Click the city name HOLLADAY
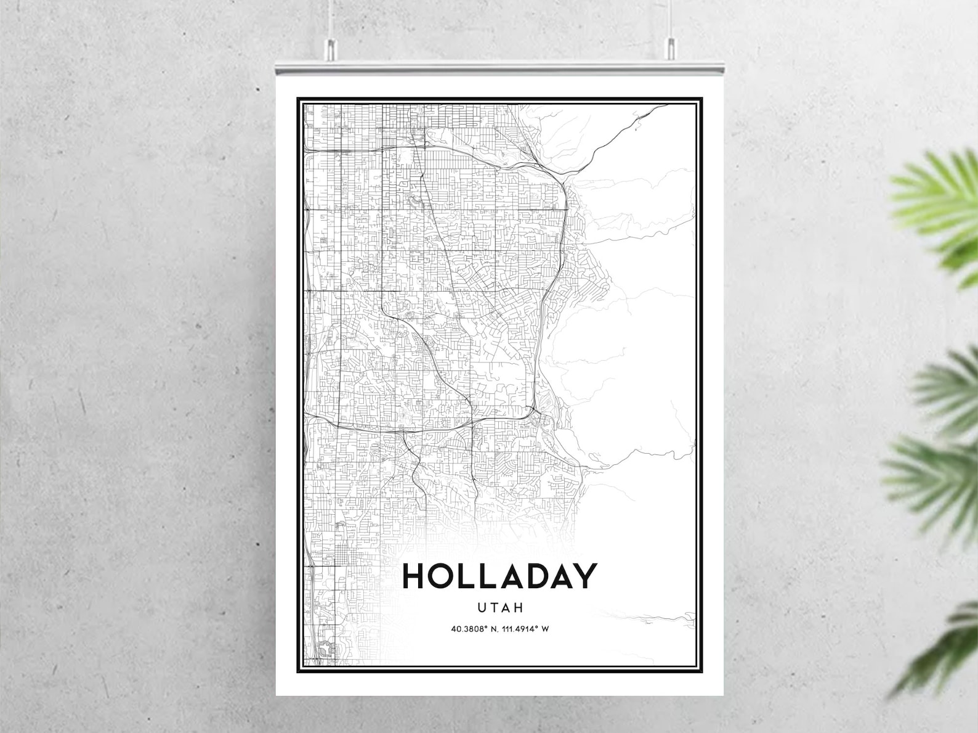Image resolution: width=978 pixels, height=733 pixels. pyautogui.click(x=499, y=576)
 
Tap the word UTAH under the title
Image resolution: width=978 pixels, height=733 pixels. pyautogui.click(x=500, y=608)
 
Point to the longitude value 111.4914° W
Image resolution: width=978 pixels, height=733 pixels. pyautogui.click(x=527, y=629)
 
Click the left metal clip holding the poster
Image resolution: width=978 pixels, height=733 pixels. pyautogui.click(x=331, y=50)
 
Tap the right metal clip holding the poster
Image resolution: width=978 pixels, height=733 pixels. pyautogui.click(x=671, y=50)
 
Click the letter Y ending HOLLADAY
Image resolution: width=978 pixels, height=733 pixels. pyautogui.click(x=585, y=576)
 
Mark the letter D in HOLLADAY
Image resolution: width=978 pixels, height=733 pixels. pyautogui.click(x=533, y=576)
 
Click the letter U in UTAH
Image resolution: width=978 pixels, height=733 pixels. pyautogui.click(x=482, y=608)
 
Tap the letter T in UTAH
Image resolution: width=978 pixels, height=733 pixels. pyautogui.click(x=494, y=608)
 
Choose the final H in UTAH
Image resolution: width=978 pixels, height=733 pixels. pyautogui.click(x=519, y=608)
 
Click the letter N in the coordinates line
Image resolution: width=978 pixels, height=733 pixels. pyautogui.click(x=493, y=629)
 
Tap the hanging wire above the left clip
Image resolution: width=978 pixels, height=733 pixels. pyautogui.click(x=331, y=18)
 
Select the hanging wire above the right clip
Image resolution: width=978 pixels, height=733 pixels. pyautogui.click(x=671, y=18)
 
